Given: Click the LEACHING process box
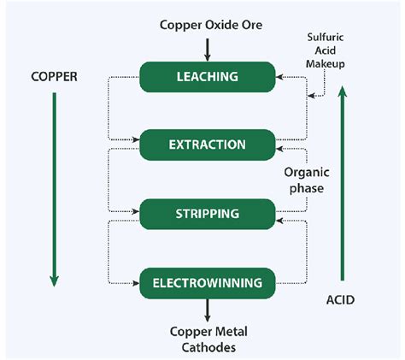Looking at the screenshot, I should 207,76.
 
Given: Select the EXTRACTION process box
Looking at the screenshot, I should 207,144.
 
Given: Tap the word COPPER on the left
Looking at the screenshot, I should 52,76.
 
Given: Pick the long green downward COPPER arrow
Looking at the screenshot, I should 54,188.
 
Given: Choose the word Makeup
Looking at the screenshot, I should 332,62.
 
